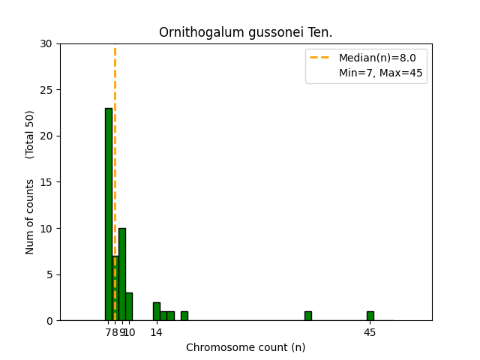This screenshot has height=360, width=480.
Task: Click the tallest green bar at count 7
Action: click(108, 214)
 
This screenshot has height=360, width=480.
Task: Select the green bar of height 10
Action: click(122, 274)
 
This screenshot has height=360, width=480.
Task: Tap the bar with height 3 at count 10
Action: click(129, 307)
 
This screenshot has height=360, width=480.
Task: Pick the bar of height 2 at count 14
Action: click(156, 311)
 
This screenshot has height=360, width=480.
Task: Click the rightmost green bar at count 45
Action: click(370, 316)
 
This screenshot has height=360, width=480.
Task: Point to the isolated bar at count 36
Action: click(307, 316)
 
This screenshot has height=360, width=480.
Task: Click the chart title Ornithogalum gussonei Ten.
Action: click(245, 33)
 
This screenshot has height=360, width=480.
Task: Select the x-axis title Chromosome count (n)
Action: click(245, 347)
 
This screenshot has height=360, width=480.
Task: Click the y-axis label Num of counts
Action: click(30, 217)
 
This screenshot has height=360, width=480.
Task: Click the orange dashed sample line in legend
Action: click(320, 58)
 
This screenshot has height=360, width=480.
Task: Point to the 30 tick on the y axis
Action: click(46, 43)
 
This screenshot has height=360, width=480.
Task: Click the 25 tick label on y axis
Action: click(46, 90)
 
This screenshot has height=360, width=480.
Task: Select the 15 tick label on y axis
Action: click(46, 182)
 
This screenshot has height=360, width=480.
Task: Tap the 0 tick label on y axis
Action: click(49, 320)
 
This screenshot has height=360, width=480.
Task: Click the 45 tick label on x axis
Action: click(370, 332)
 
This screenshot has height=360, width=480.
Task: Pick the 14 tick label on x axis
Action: click(156, 332)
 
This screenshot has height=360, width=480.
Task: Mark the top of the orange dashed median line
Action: click(115, 48)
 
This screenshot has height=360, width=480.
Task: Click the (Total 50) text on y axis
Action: click(30, 134)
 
